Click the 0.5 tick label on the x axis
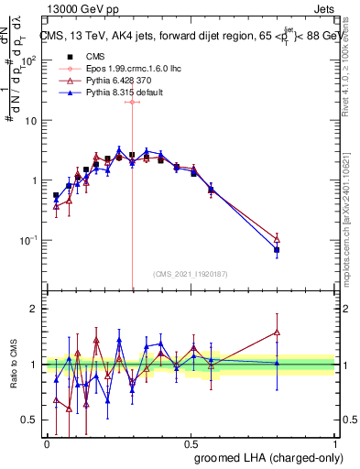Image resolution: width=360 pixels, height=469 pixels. click(x=191, y=442)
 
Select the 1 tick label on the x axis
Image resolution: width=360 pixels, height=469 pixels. click(x=334, y=442)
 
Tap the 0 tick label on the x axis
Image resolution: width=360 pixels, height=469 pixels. click(x=47, y=442)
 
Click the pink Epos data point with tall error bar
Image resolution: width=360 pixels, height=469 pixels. click(x=133, y=102)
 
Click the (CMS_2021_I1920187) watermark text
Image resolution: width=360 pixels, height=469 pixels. click(x=190, y=274)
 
